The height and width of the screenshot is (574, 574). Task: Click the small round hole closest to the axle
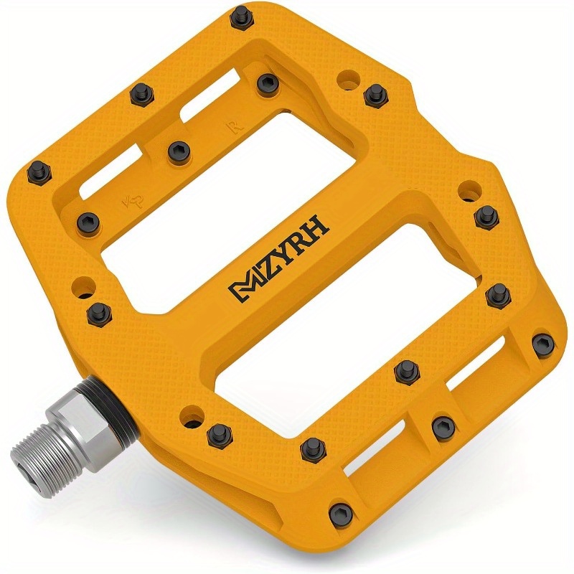189,414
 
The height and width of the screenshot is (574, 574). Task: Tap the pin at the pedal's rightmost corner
543,343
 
